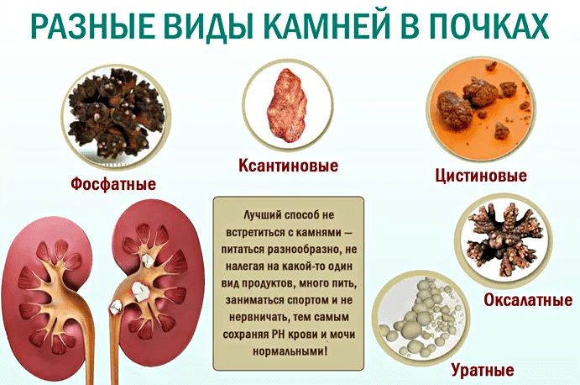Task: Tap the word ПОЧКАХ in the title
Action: point(480,27)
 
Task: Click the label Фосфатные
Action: point(113,184)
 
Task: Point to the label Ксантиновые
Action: point(288,166)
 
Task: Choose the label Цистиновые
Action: point(481,176)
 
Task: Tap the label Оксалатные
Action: point(528,300)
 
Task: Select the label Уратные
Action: point(483,369)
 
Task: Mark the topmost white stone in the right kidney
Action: point(148,261)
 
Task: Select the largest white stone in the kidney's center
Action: point(140,291)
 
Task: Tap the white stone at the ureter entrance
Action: point(116,306)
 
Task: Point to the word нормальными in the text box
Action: point(290,351)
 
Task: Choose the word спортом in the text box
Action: point(309,300)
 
